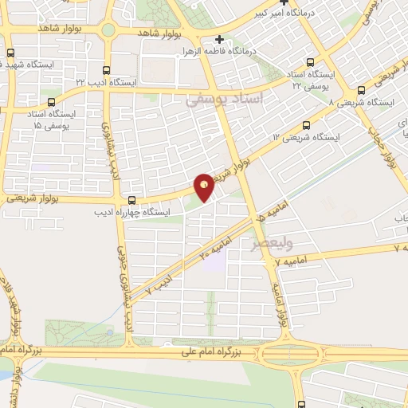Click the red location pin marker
[205, 186]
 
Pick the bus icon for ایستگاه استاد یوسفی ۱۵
[52, 101]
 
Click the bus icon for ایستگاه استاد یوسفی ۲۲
[310, 63]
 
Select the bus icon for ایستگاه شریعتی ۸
[363, 91]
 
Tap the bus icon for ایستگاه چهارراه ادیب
[131, 201]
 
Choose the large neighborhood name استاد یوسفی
[218, 100]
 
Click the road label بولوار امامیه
[279, 301]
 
